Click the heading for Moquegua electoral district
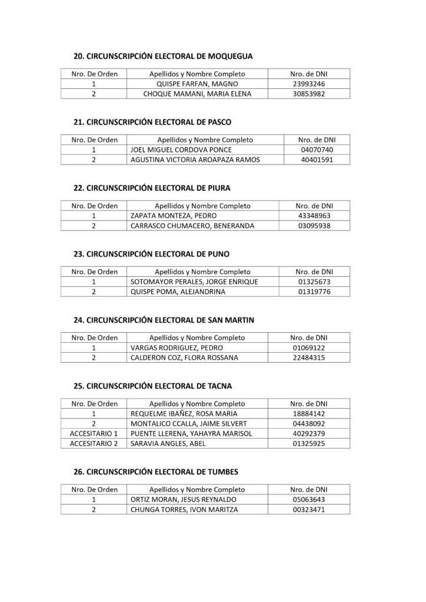[163, 56]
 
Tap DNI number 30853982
[308, 93]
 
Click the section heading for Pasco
[152, 122]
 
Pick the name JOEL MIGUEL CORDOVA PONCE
[181, 150]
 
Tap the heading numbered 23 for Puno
[151, 254]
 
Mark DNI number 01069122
[308, 347]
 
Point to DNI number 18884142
[308, 414]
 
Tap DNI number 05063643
[308, 500]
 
